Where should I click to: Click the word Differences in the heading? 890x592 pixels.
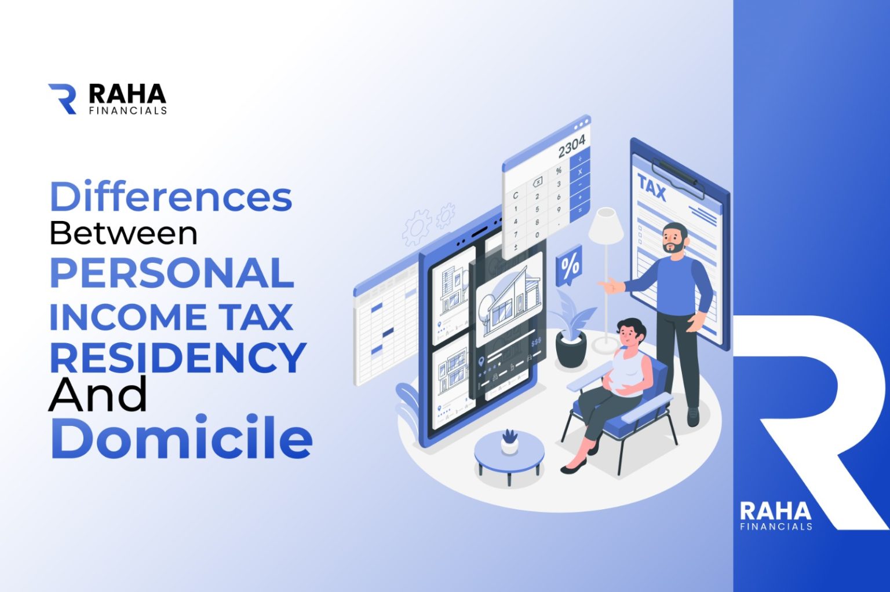click(x=171, y=197)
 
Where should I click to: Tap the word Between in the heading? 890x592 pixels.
click(x=123, y=234)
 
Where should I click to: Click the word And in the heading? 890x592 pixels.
click(x=97, y=395)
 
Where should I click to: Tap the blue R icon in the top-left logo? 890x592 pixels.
click(x=63, y=98)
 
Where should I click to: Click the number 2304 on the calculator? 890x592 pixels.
click(x=571, y=146)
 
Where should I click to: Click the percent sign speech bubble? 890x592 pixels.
click(x=569, y=267)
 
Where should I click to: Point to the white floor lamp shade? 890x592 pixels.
click(x=606, y=226)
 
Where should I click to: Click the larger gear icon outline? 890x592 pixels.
click(x=417, y=227)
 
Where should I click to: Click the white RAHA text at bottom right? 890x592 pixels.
click(x=775, y=512)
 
